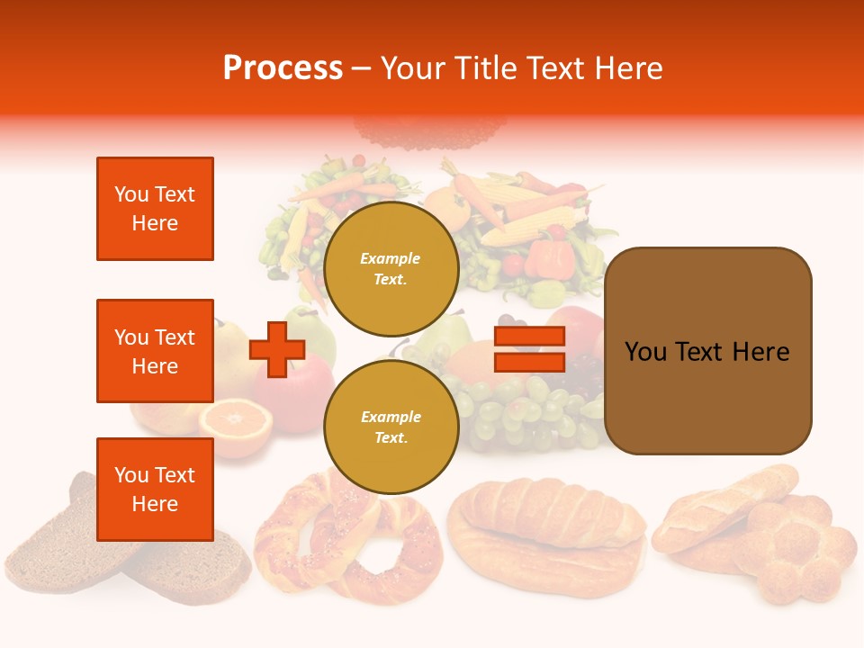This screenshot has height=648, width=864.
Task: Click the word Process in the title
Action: [x=283, y=68]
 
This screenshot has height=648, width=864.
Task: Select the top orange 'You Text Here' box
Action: [x=155, y=209]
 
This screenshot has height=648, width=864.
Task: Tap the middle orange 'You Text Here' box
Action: [x=155, y=351]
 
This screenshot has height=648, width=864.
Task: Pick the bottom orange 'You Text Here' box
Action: [x=155, y=489]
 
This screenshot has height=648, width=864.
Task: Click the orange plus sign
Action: [x=277, y=349]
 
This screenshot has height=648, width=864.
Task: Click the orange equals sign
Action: [x=529, y=349]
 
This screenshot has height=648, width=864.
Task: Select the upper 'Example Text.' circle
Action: [x=391, y=268]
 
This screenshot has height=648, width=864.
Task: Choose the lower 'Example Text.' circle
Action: [x=391, y=427]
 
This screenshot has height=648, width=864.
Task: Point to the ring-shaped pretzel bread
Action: [x=346, y=540]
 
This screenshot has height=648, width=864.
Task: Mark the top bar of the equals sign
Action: [x=529, y=337]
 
